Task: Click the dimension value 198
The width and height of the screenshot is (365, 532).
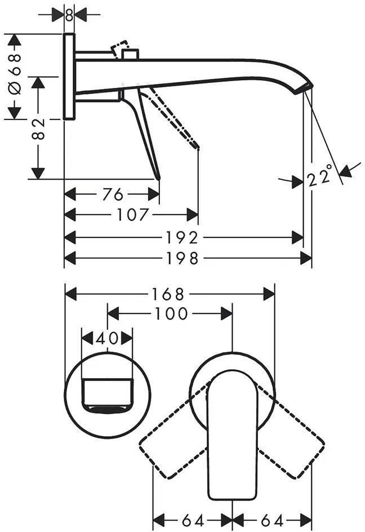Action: pos(182,259)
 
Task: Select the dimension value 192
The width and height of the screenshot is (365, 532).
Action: pos(182,238)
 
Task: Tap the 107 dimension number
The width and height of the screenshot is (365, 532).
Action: pos(132,215)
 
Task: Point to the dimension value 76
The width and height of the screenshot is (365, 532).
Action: pos(113,194)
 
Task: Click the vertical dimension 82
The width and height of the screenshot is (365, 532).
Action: pos(38,129)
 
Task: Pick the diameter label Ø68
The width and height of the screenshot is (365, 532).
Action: pos(15,74)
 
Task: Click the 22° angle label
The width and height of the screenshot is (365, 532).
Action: pos(319,176)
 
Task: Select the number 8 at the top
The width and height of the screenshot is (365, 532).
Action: pos(69,15)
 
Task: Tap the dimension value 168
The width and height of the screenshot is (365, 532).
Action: pos(168,294)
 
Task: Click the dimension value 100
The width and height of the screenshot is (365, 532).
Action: pos(171,314)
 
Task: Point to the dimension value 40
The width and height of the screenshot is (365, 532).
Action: pos(107,338)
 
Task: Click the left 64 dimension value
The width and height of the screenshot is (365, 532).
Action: pos(193,520)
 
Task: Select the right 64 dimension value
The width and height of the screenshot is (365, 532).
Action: pos(271,520)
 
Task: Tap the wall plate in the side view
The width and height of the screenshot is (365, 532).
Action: pos(69,76)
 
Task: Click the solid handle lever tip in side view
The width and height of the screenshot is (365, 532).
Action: pos(157,176)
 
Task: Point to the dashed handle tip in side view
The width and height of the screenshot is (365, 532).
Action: pos(197,147)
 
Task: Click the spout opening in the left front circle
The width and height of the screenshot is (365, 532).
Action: pos(107,408)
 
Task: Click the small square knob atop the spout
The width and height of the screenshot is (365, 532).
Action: pos(130,55)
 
